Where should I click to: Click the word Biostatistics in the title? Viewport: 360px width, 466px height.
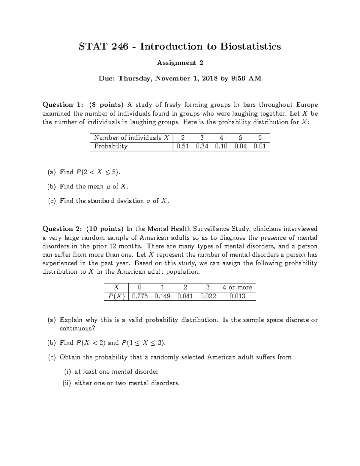(x=251, y=47)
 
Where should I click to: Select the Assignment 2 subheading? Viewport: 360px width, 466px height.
(x=180, y=63)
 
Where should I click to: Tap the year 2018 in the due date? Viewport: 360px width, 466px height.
(x=210, y=79)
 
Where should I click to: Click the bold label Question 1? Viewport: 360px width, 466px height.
(x=62, y=105)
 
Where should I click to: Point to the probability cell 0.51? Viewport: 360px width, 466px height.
(x=182, y=146)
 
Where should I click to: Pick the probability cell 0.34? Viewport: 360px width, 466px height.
(x=202, y=146)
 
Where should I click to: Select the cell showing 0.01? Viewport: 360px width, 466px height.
(x=259, y=146)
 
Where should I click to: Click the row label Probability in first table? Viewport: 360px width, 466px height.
(x=111, y=146)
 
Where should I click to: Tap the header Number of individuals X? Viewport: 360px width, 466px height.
(x=131, y=138)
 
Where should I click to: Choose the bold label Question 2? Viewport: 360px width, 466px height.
(x=62, y=229)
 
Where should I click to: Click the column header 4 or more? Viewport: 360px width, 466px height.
(x=237, y=287)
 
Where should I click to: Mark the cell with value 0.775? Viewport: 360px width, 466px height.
(x=140, y=296)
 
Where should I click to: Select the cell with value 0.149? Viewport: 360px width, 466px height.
(x=162, y=296)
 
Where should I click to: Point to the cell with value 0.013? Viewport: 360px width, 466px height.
(x=237, y=296)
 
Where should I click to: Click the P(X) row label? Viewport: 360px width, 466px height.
(x=116, y=296)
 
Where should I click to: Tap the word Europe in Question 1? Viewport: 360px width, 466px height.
(x=307, y=105)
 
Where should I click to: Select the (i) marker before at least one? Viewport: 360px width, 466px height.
(x=67, y=372)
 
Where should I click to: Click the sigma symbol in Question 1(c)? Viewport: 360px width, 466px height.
(x=148, y=201)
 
